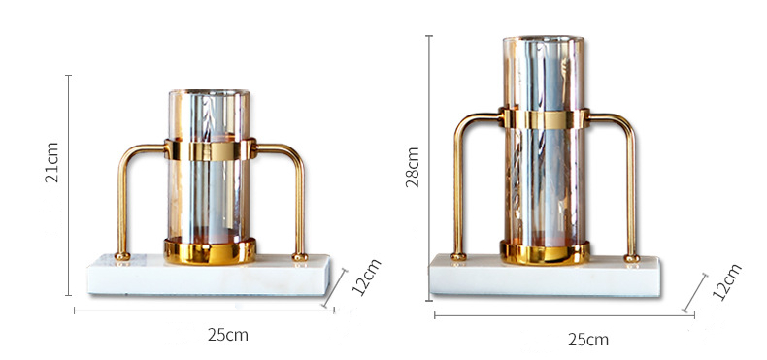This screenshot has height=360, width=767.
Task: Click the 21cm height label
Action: tap(51, 162)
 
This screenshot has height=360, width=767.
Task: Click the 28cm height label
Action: tap(413, 167)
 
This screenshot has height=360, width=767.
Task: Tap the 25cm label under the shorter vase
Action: tap(228, 335)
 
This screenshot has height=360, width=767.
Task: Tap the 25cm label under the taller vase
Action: tap(588, 339)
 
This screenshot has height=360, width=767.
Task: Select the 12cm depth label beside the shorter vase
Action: tap(366, 278)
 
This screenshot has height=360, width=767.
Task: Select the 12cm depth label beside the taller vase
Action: tap(727, 281)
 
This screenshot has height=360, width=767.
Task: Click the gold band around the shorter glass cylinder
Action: tap(210, 149)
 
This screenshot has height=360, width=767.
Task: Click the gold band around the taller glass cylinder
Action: tap(545, 118)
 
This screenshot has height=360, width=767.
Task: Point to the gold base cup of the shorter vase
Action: tap(210, 251)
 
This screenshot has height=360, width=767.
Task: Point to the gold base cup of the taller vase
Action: tap(545, 252)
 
